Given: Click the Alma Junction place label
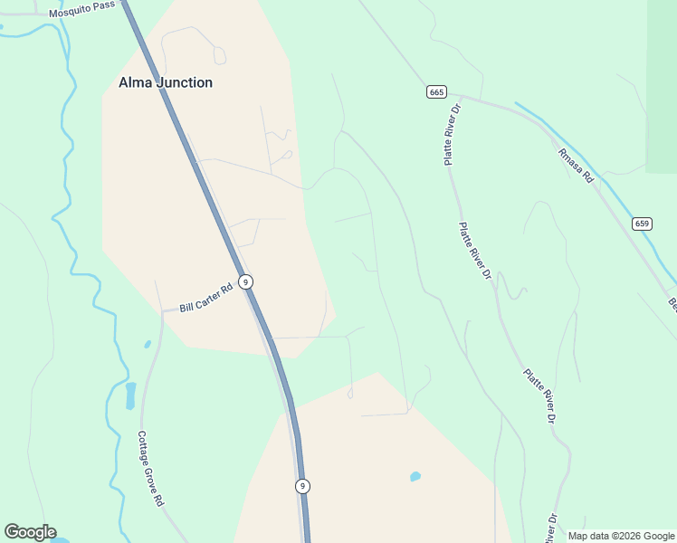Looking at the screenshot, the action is [166, 82].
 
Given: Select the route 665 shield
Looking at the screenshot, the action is [436, 92].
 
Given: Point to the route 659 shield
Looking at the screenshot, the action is [642, 224].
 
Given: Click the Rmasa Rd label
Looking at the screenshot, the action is [575, 167].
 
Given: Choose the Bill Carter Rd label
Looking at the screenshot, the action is [206, 296].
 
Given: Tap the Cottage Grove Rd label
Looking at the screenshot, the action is [151, 468].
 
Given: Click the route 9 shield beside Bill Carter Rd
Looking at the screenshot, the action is [245, 281].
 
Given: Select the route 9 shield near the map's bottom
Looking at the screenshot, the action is [302, 486].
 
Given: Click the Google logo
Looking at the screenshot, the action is [30, 532].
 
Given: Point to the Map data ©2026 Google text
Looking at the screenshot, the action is [622, 536].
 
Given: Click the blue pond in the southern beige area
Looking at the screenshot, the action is [415, 476].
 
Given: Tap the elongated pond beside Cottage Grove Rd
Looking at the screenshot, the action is [130, 395].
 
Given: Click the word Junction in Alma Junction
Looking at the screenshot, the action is [184, 82].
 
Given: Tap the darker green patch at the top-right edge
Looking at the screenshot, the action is [662, 81].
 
